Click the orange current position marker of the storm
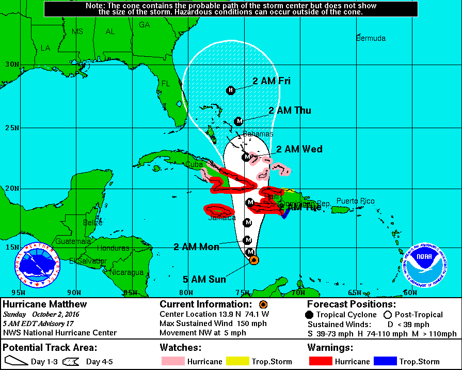tap(254, 260)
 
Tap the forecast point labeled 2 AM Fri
tap(231, 90)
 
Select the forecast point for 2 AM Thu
tap(238, 121)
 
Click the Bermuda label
tap(371, 38)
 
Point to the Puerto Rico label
tap(356, 201)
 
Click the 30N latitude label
tap(11, 65)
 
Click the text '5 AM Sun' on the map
tap(204, 280)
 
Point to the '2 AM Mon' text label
tap(197, 247)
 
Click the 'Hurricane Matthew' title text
tap(45, 304)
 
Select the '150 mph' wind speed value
tap(251, 323)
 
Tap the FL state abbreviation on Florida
tap(166, 84)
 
